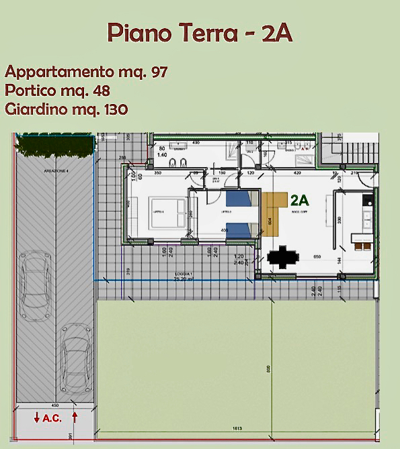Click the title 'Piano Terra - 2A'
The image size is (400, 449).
[200, 33]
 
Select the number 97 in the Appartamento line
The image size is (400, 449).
[159, 72]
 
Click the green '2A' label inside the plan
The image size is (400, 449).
[300, 199]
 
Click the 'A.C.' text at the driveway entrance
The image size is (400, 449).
[52, 418]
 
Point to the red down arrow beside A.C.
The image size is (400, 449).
[36, 417]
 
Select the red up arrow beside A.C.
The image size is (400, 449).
[75, 417]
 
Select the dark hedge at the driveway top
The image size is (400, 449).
[53, 143]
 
